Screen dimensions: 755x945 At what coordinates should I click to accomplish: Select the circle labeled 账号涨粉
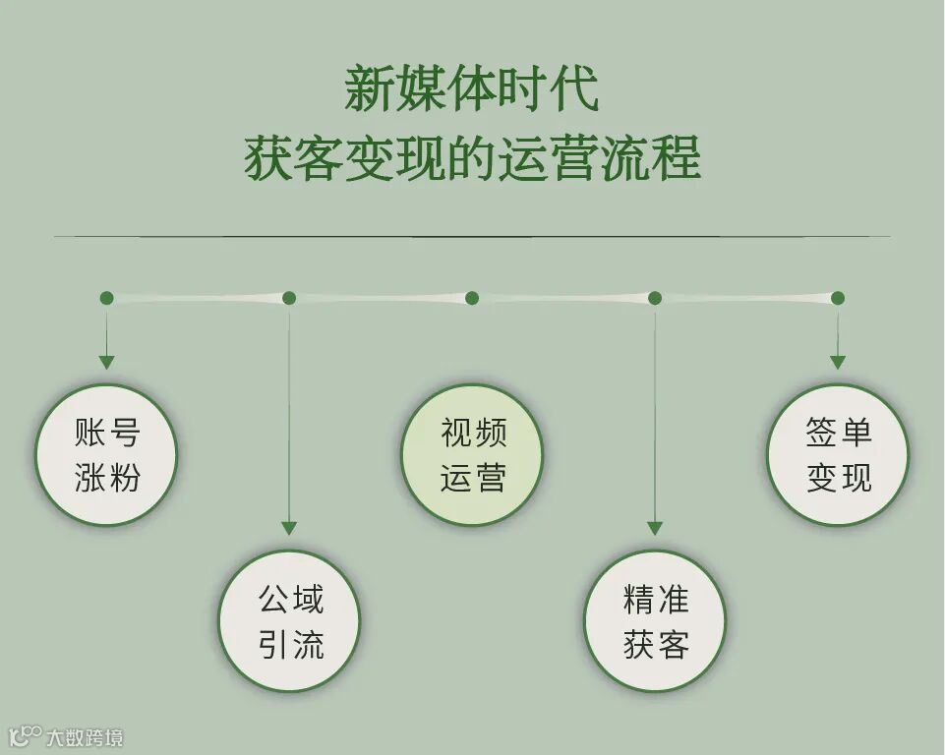[106, 454]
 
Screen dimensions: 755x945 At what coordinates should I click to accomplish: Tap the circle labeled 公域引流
[289, 620]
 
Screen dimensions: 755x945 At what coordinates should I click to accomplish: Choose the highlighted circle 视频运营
[472, 454]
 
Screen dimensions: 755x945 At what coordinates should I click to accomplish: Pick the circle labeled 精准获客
[655, 620]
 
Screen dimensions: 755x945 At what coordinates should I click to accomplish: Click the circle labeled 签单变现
[838, 454]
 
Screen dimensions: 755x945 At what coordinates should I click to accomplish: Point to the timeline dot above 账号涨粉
[106, 298]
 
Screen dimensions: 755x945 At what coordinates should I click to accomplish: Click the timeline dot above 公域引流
[289, 298]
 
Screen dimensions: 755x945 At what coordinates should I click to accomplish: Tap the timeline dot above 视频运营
[472, 298]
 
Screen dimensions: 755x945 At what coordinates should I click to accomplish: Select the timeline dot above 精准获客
[655, 298]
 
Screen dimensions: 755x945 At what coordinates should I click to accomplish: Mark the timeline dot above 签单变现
[838, 298]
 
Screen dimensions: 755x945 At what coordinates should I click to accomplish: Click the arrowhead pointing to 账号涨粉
[106, 363]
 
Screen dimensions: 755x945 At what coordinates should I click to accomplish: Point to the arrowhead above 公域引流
[289, 529]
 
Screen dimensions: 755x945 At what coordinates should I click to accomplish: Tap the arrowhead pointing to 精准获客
[655, 529]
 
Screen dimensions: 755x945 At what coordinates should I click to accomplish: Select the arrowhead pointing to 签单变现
[838, 363]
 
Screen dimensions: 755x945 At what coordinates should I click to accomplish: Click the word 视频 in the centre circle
[473, 433]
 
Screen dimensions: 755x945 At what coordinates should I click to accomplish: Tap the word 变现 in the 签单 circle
[839, 478]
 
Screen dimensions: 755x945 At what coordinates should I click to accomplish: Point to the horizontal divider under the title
[472, 237]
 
